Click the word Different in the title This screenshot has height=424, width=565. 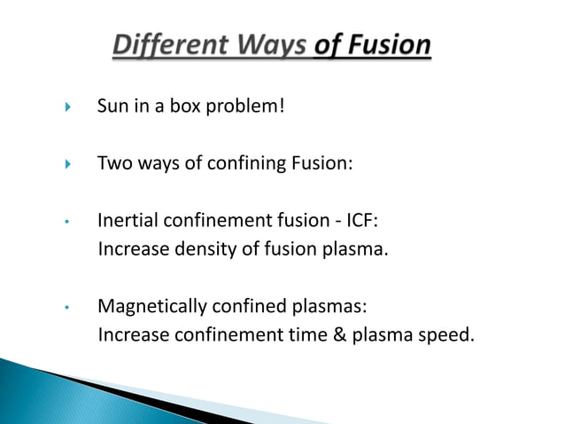(x=169, y=44)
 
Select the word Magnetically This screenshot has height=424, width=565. (x=151, y=308)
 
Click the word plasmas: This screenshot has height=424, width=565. (x=322, y=308)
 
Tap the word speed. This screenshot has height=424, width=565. (x=437, y=336)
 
